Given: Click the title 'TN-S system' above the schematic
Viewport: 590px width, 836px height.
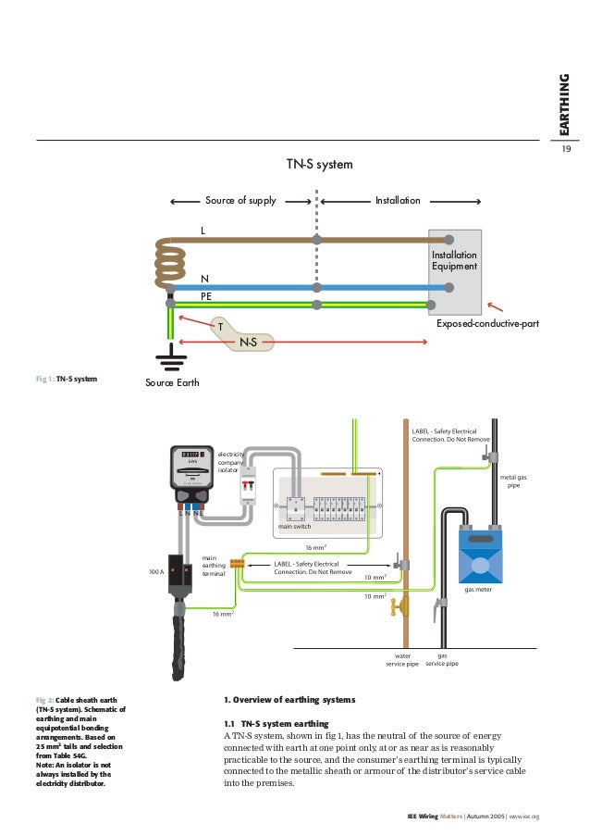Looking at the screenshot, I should (x=320, y=165).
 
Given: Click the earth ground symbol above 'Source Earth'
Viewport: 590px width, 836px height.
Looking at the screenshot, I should (x=169, y=356).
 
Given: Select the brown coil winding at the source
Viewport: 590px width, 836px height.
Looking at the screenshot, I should (x=171, y=260).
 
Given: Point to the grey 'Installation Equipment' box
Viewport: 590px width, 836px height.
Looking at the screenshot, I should (x=454, y=271).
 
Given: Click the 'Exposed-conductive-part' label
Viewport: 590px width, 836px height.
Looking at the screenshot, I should (x=486, y=326).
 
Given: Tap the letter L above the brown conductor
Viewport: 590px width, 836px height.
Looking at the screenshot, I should (x=203, y=230).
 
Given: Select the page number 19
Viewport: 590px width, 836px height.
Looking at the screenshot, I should (x=566, y=149).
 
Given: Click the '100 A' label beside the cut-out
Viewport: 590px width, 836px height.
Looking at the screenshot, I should (x=155, y=572).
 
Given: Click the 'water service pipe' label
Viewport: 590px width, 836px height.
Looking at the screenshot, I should (x=402, y=658).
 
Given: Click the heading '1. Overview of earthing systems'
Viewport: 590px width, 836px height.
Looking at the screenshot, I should (x=289, y=699).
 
